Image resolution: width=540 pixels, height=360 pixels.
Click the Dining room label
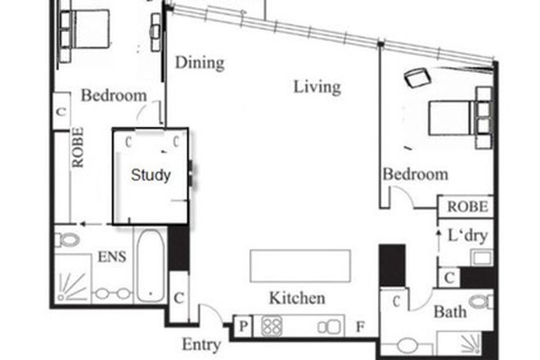[200, 62]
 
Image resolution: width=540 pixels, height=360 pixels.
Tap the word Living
[317, 87]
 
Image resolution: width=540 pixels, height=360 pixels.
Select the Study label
[151, 175]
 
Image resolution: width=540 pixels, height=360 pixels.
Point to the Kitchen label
[297, 298]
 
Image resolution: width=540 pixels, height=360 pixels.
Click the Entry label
[200, 345]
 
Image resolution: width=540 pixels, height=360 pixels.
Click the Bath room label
[450, 312]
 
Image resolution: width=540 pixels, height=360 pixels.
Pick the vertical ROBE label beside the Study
[79, 147]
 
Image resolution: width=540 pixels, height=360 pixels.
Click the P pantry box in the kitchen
[244, 326]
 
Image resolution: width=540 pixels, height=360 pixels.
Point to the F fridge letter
[360, 326]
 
